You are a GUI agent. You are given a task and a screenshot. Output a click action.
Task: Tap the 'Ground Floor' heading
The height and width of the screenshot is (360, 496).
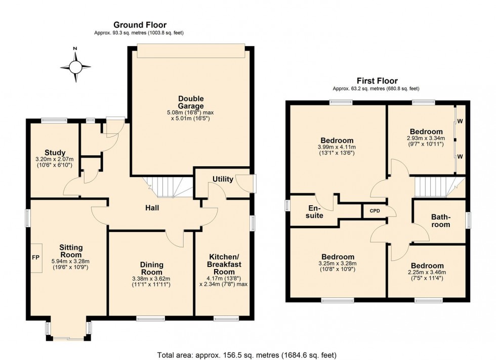[140, 25]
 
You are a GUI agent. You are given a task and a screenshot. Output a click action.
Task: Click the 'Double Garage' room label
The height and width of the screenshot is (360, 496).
[190, 102]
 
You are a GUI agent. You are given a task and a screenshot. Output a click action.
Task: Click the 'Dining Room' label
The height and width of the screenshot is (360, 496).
[151, 268]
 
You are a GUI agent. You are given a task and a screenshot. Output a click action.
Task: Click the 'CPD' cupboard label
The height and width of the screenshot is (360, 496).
[374, 211]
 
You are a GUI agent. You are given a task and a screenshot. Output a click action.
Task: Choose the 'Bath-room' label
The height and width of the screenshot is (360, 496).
[440, 220]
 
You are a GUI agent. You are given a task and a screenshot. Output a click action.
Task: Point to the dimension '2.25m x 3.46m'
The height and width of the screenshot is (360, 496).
[427, 274]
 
